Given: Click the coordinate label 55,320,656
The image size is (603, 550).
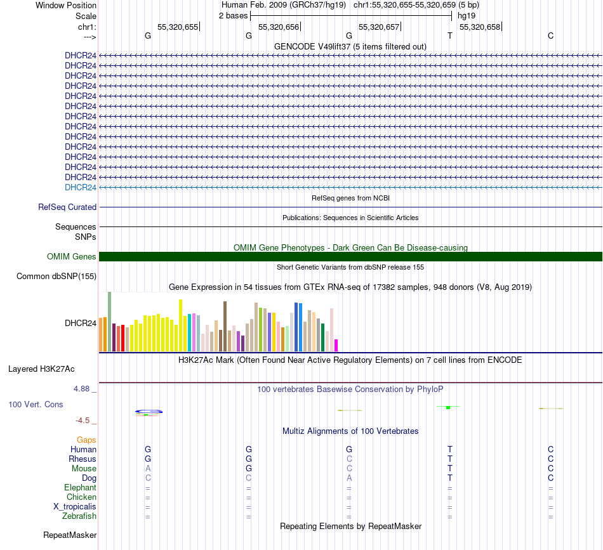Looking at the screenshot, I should tap(278, 27).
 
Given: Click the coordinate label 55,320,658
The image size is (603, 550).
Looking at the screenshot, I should tap(479, 27).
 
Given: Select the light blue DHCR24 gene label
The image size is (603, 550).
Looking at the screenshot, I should tap(81, 187).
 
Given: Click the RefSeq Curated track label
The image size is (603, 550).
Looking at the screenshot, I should tap(67, 207).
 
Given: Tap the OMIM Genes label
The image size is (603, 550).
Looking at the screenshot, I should tap(72, 257).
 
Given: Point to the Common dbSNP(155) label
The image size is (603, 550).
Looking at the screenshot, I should tap(56, 276).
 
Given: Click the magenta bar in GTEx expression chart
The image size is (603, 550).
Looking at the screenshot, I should tap(336, 345).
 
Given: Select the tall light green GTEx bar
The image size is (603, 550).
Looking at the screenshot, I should tap(110, 322).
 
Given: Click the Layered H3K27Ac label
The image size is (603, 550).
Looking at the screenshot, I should tap(50, 369).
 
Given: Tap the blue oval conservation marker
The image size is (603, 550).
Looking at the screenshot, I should tap(149, 412).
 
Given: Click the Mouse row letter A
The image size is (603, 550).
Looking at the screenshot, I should tap(148, 468).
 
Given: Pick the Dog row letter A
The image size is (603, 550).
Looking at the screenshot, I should tap(349, 478).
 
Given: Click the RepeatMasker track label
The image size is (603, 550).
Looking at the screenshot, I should tap(70, 535).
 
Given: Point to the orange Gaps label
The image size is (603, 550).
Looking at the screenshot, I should tap(86, 440).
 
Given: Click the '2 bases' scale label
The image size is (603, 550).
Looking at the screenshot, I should tap(233, 15).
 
